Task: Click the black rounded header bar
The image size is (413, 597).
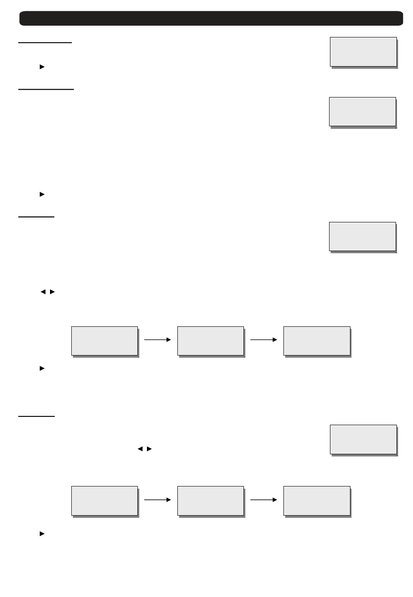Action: [x=211, y=18]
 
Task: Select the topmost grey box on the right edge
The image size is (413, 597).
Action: [x=363, y=52]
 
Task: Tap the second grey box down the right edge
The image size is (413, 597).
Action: [x=363, y=112]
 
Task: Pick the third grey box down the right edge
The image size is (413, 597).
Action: [x=363, y=237]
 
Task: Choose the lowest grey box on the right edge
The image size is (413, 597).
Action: [x=363, y=439]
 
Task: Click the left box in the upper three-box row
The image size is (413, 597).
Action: [x=104, y=341]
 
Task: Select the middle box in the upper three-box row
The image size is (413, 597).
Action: [x=211, y=341]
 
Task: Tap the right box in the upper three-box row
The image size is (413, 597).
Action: [x=317, y=341]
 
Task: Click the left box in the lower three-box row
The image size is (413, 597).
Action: [x=104, y=501]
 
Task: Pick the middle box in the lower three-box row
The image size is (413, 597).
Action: [x=211, y=501]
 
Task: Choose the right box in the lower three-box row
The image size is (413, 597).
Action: [x=317, y=501]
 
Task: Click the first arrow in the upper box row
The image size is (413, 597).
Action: [x=158, y=340]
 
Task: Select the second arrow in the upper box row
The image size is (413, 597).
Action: [x=264, y=340]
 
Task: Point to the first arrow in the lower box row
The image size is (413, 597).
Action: [x=158, y=500]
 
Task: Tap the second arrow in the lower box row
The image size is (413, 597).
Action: [x=264, y=500]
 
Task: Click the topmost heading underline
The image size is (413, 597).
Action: [x=45, y=43]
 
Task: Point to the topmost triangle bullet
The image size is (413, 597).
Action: [x=42, y=67]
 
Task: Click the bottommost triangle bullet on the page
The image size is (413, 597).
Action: [x=42, y=533]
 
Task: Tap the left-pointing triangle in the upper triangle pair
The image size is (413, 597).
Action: [x=43, y=292]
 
